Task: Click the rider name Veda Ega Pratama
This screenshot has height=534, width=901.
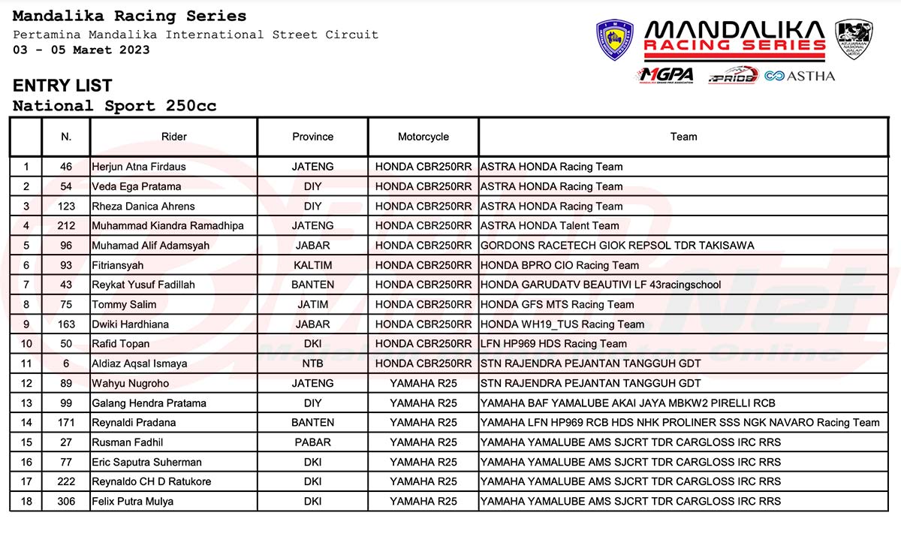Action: coord(136,186)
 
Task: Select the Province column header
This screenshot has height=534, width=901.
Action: coord(312,137)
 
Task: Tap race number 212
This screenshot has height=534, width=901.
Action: coord(66,225)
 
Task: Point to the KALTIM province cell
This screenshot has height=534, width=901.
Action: coord(312,265)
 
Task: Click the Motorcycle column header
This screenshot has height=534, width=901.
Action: coord(423,137)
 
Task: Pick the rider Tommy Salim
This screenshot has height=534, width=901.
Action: coord(120,304)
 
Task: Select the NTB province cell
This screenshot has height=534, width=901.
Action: coord(312,364)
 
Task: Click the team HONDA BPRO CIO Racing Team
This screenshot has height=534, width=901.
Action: coord(559,265)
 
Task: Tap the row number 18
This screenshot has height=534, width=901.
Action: coord(27,501)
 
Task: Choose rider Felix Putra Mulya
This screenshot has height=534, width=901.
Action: coord(133,501)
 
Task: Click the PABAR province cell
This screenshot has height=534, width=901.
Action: coord(312,442)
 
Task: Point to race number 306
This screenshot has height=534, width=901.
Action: coord(66,501)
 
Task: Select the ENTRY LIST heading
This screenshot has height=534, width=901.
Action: coord(62,85)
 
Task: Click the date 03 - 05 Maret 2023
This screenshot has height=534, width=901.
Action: coord(81,50)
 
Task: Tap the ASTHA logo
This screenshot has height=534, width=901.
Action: coord(800,76)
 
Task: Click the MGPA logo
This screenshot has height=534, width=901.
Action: coord(665,75)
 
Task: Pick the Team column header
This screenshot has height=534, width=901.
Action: coord(683,137)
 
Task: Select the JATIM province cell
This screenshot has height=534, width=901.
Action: coord(312,304)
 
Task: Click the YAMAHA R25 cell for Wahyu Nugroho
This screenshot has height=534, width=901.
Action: coord(423,383)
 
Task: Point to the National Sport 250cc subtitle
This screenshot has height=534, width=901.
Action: coord(114,106)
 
